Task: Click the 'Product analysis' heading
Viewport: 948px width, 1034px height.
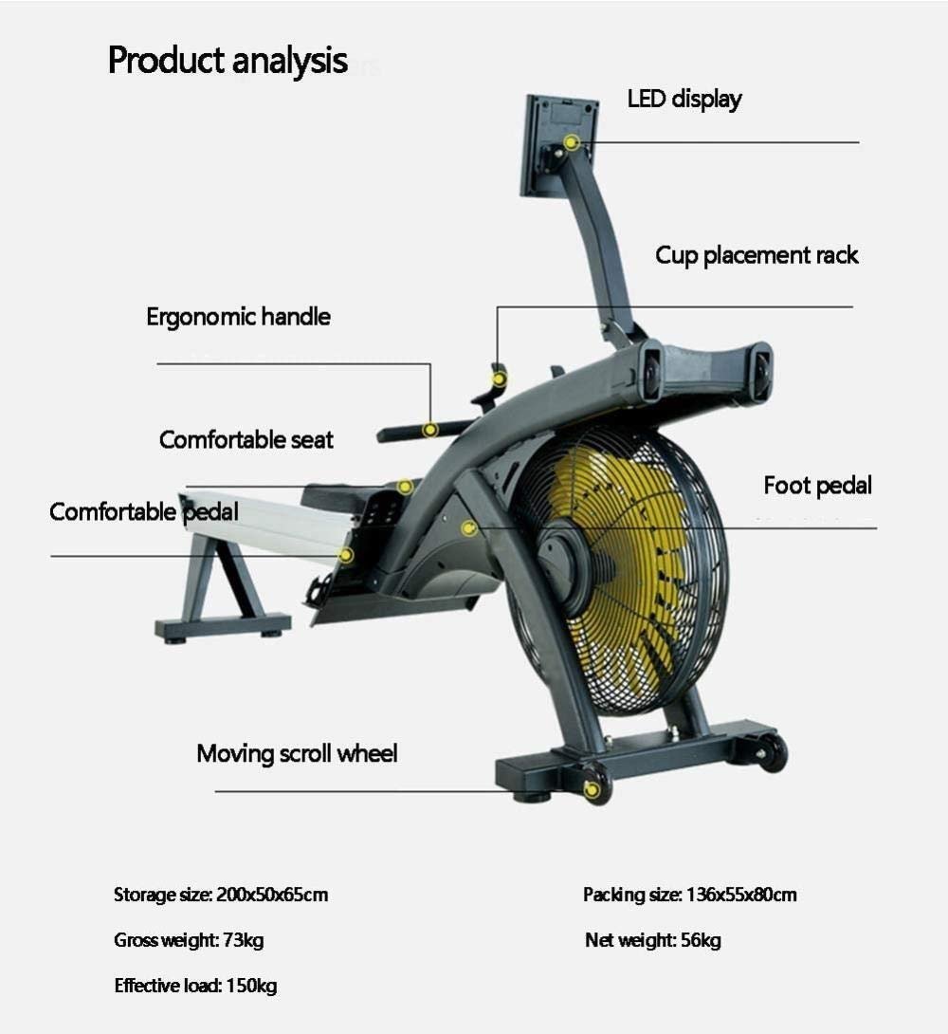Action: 228,61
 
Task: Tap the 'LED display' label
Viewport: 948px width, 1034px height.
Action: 684,99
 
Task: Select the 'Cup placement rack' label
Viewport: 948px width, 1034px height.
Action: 757,255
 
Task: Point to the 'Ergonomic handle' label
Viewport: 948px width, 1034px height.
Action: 238,317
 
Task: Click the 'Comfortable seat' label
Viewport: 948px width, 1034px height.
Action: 246,440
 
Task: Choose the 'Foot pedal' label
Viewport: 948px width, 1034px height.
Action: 817,487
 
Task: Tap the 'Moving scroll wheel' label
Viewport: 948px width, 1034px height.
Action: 297,754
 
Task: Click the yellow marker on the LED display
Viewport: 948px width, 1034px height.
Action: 572,142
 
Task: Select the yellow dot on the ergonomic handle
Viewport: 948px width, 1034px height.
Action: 429,430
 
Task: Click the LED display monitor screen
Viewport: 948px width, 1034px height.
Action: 557,142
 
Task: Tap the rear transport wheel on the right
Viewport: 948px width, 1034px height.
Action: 772,752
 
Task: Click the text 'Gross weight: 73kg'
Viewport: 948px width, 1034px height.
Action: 189,941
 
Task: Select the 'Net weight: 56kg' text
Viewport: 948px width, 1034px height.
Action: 653,941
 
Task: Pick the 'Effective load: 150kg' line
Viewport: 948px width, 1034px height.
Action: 195,987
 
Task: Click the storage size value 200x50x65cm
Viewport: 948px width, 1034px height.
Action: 272,895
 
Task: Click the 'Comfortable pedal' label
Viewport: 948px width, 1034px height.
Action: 143,512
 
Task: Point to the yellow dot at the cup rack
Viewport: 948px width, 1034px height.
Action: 500,379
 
